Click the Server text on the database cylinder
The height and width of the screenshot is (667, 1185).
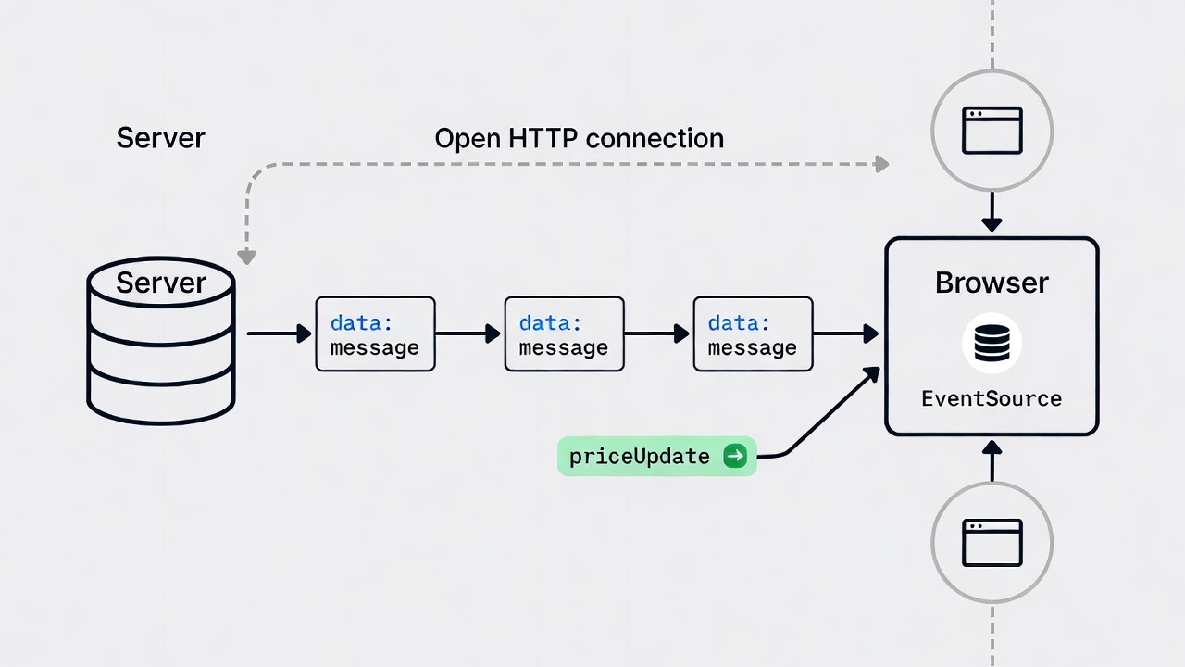(161, 283)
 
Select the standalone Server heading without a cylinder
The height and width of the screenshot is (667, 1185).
(160, 138)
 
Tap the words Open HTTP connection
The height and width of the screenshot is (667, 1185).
(579, 138)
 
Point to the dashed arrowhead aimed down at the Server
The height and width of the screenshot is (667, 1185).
(246, 256)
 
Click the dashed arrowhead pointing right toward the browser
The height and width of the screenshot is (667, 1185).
(881, 164)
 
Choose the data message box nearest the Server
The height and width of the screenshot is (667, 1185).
(375, 334)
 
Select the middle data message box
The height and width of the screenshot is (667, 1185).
(564, 334)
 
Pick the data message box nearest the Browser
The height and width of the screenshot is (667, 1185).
(753, 334)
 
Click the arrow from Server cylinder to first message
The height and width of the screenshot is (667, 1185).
(279, 333)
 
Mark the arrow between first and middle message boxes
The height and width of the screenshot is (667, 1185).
(468, 333)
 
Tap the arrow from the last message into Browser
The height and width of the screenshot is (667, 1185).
(845, 333)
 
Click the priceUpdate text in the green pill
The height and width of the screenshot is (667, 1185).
(640, 457)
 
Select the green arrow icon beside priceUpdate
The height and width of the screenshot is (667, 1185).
(735, 456)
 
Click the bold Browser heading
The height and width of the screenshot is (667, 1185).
(992, 283)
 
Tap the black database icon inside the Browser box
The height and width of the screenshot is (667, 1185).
(992, 343)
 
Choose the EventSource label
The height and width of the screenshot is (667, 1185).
(992, 399)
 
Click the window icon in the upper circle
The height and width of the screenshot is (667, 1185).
(992, 130)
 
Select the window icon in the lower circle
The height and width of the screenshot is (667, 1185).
(992, 542)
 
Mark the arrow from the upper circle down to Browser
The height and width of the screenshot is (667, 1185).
(992, 213)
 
